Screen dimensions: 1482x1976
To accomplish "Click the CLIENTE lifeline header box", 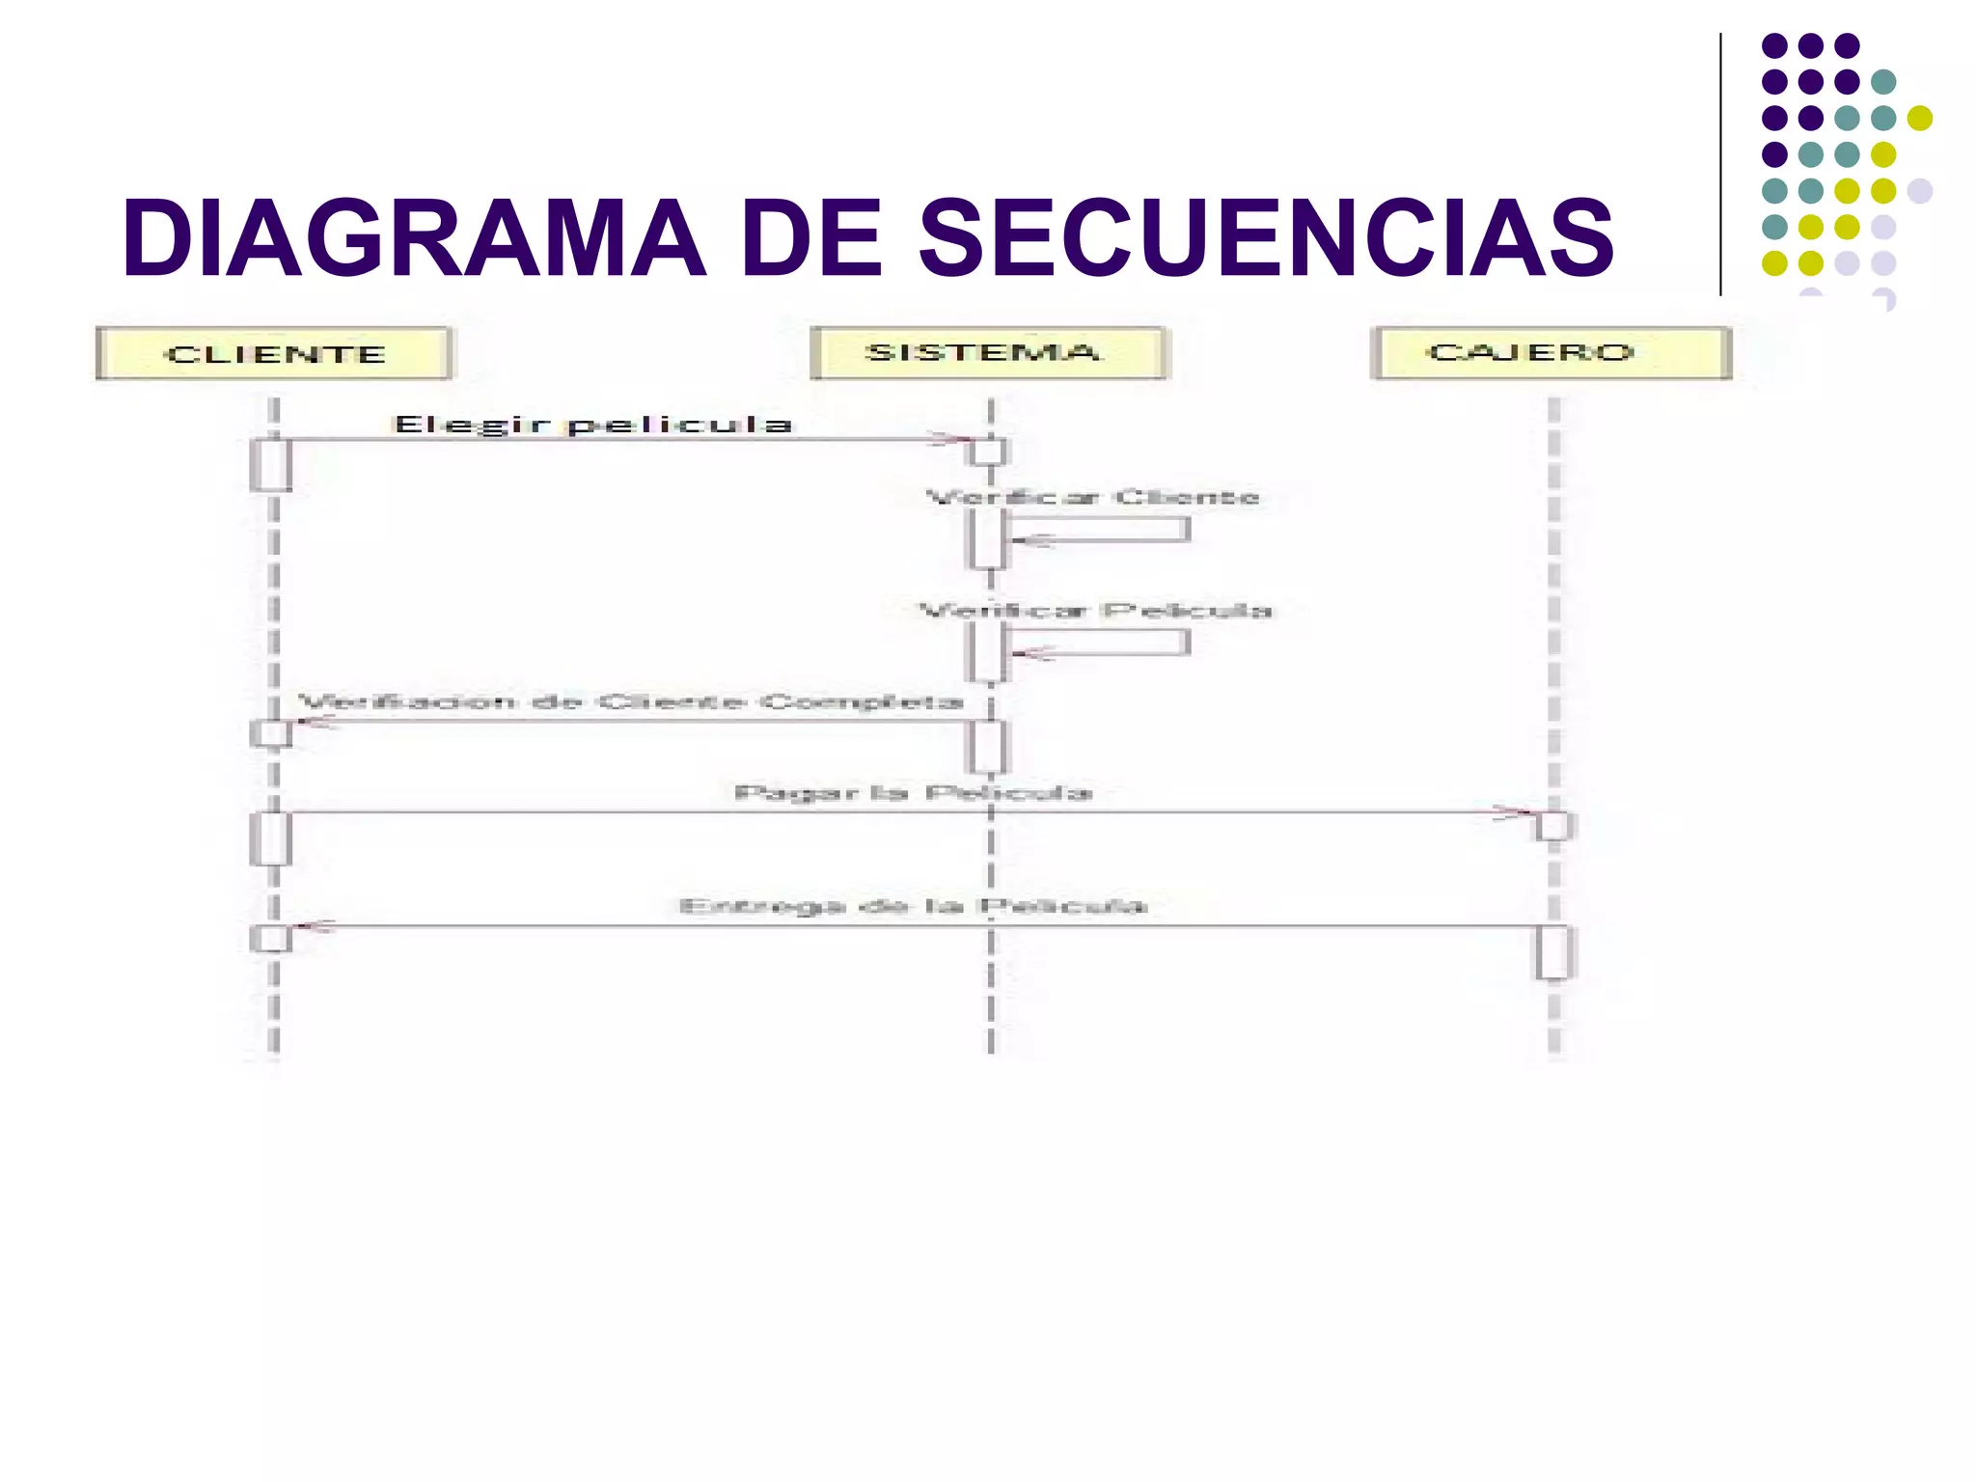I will [x=274, y=354].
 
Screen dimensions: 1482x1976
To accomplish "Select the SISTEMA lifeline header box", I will [x=988, y=352].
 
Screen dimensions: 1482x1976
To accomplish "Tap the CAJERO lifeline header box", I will [x=1551, y=352].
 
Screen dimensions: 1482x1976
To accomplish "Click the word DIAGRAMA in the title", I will [x=414, y=238].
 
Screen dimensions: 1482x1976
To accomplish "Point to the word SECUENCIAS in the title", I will [x=1265, y=238].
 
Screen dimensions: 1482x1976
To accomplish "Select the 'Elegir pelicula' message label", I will [x=592, y=425].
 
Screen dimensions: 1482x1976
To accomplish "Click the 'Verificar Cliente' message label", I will [x=1092, y=498].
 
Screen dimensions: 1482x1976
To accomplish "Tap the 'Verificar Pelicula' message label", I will [x=1095, y=611].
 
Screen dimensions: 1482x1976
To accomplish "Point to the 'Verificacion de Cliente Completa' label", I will [x=631, y=701].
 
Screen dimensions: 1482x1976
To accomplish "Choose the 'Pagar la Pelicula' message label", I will [x=913, y=793].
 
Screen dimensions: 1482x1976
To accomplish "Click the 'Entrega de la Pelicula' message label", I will [x=913, y=906].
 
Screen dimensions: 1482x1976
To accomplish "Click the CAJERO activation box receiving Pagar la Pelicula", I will [x=1553, y=826].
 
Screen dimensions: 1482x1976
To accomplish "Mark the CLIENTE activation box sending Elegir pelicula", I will [x=271, y=464].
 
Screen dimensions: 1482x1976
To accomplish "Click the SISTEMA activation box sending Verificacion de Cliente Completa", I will [x=988, y=746].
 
